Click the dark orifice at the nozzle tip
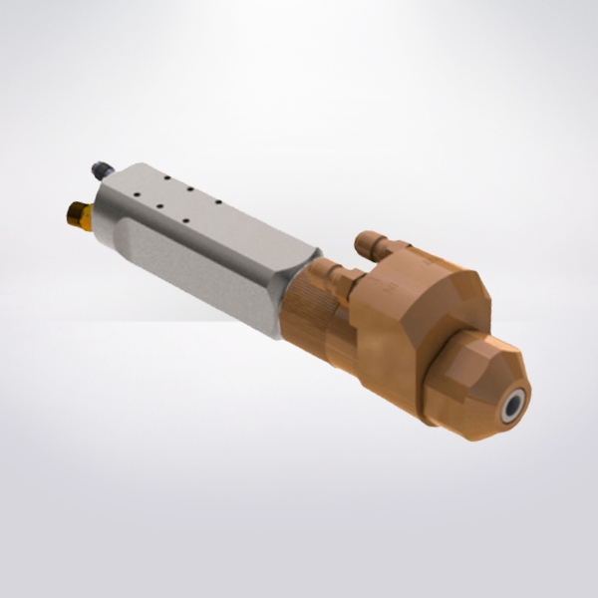point(513,405)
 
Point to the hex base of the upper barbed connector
point(392,258)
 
